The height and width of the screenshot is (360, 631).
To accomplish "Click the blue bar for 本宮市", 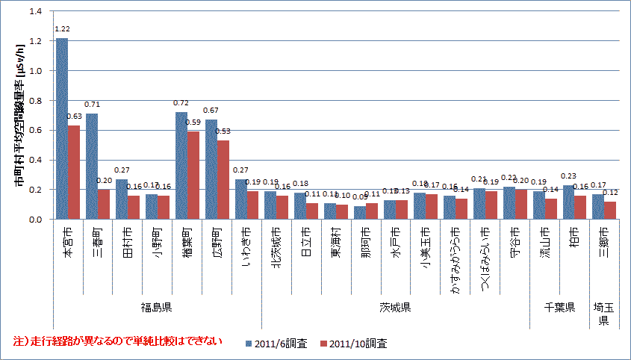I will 62,128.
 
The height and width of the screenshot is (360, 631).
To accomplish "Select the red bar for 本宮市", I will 74,173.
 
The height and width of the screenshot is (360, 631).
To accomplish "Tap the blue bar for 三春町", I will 92,167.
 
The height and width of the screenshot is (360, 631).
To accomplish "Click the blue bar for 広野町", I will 211,170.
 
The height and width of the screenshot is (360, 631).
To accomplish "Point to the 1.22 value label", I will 62,30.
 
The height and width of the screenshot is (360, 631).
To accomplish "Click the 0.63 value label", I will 74,117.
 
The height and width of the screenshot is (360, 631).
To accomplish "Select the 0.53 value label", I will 223,131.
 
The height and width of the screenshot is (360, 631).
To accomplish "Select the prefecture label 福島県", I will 158,307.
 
